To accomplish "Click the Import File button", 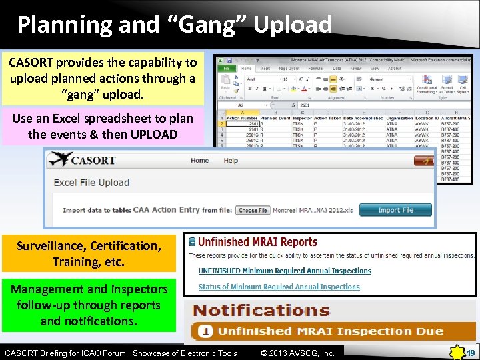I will point(395,210).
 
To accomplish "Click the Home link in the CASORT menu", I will point(199,161).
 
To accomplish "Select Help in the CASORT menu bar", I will point(231,161).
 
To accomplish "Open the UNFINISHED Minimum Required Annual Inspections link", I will point(285,271).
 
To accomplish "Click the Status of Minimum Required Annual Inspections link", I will point(279,287).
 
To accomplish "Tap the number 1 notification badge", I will point(206,331).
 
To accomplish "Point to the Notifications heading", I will point(261,311).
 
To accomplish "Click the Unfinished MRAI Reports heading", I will point(257,242).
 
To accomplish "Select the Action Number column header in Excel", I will point(242,119).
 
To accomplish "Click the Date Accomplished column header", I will point(363,119).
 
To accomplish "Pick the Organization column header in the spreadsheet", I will point(399,119).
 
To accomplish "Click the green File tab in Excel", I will point(227,67).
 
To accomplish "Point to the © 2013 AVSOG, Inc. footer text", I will point(297,353).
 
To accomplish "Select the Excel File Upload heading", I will point(91,182).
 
